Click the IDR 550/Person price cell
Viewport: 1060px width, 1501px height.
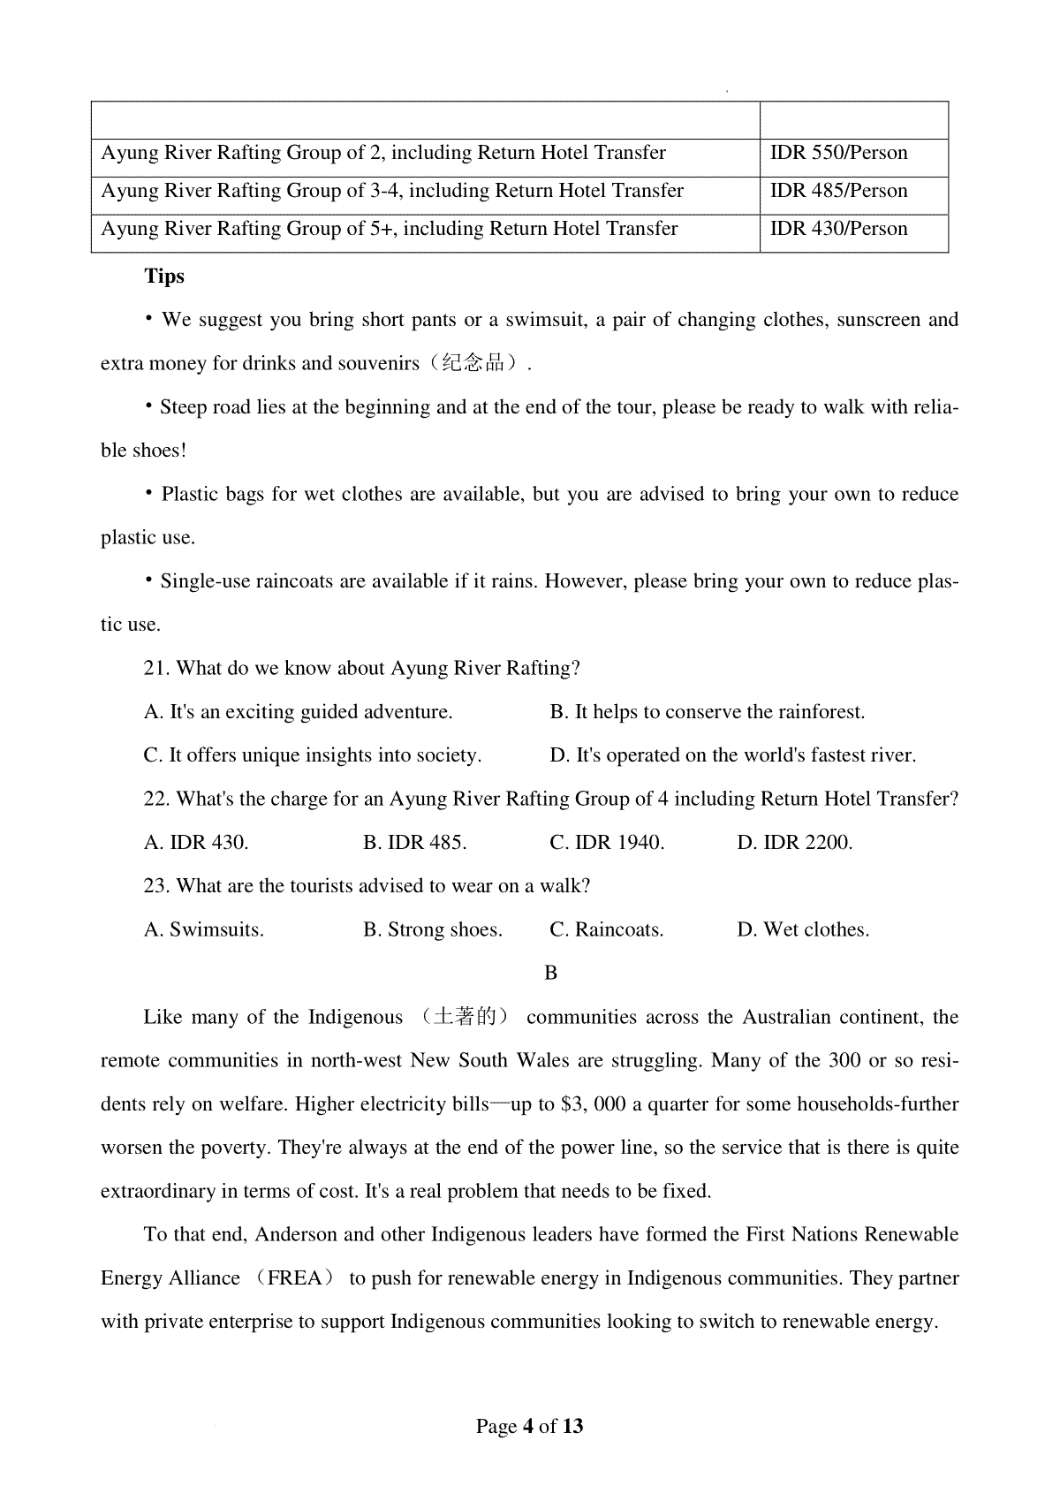tap(838, 153)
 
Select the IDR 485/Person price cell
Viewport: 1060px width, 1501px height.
tap(838, 191)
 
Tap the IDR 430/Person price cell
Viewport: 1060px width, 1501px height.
tap(838, 229)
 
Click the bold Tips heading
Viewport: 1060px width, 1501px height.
tap(164, 277)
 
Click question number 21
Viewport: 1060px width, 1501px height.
tap(156, 669)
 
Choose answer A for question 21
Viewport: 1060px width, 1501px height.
tap(298, 712)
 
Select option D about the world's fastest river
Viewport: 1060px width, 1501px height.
tap(732, 755)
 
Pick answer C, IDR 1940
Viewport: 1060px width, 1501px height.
tap(607, 843)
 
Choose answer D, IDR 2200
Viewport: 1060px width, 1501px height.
tap(794, 843)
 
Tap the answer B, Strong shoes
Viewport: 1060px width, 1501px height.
tap(432, 929)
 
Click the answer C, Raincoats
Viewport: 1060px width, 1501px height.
tap(606, 929)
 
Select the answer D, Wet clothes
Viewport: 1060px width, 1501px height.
tap(803, 929)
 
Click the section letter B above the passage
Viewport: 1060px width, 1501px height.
tap(550, 973)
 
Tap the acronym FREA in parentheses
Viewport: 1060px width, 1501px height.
tap(295, 1278)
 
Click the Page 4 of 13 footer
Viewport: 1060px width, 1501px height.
tap(530, 1426)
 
